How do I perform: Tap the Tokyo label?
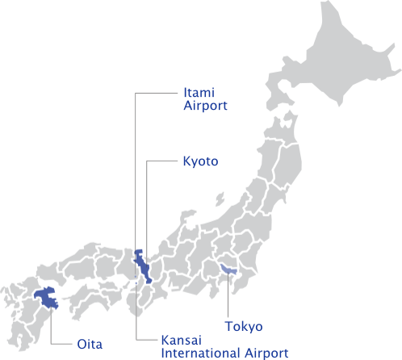243,327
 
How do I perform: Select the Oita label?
89,344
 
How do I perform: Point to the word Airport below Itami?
206,106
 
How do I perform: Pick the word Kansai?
181,340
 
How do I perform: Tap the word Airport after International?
266,353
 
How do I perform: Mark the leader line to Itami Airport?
136,161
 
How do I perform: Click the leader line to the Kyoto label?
148,202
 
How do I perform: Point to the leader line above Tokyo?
228,299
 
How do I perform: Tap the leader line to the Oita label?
52,331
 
